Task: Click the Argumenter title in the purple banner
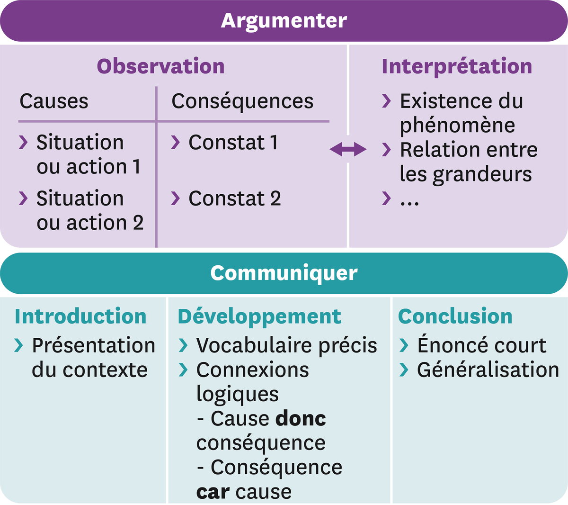click(284, 21)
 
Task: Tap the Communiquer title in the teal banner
click(284, 273)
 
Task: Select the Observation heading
click(160, 66)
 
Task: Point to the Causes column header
click(54, 101)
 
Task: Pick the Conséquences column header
click(242, 101)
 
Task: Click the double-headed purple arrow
click(348, 149)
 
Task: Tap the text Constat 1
click(233, 142)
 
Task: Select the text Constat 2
click(235, 198)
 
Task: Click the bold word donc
click(301, 419)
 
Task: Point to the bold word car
click(213, 493)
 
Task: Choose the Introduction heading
click(80, 316)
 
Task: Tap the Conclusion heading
click(455, 316)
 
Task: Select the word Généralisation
click(488, 370)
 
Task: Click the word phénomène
click(458, 126)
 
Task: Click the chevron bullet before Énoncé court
click(404, 345)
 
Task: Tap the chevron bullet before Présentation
click(18, 345)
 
